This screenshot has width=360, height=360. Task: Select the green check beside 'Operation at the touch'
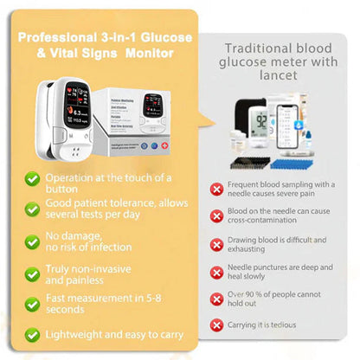(32, 179)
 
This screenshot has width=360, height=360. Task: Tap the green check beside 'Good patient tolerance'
(32, 210)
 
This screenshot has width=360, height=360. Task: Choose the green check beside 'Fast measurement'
(32, 303)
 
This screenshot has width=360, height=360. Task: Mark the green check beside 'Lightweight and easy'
(32, 333)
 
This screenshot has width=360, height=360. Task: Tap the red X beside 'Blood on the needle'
(217, 216)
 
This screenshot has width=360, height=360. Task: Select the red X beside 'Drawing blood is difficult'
(217, 244)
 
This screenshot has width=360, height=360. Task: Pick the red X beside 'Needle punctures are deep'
(217, 271)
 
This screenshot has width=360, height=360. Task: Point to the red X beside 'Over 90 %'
(217, 299)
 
